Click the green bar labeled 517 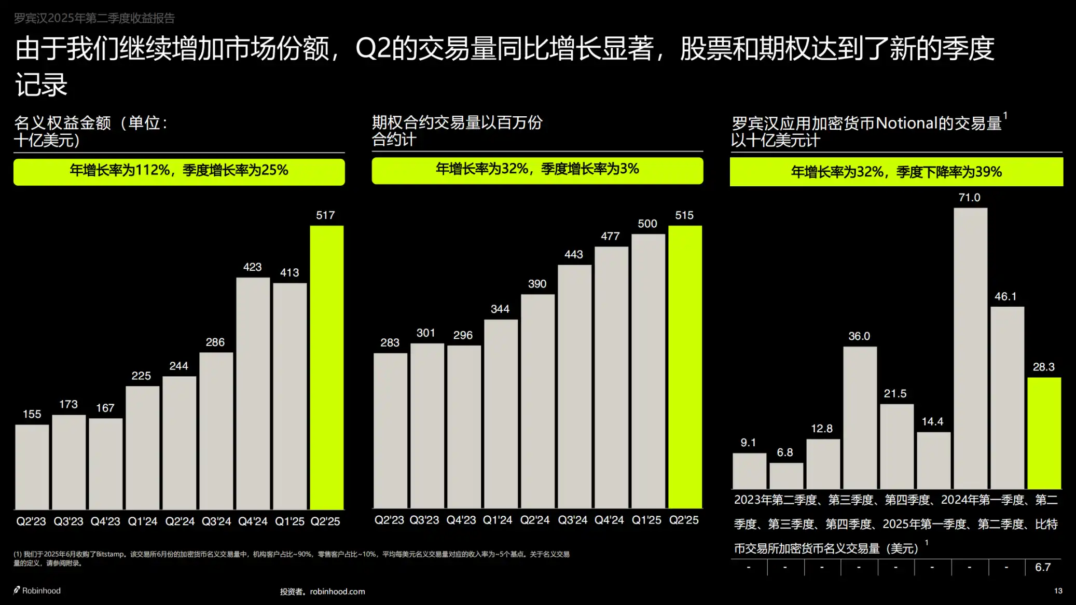click(x=326, y=367)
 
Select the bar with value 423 click(x=253, y=393)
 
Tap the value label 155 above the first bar click(x=32, y=414)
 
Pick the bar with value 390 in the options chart click(x=537, y=401)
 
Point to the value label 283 click(x=390, y=342)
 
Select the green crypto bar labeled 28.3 click(x=1044, y=433)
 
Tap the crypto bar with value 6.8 click(x=786, y=475)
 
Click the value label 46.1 click(x=1005, y=296)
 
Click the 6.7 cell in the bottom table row click(x=1042, y=567)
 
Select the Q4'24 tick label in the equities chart click(x=253, y=521)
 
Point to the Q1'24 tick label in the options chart click(x=497, y=520)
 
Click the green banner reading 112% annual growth click(x=179, y=171)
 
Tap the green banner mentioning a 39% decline click(x=896, y=172)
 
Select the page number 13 click(x=1058, y=590)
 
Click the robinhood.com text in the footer click(x=337, y=592)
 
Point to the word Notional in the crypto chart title click(x=906, y=123)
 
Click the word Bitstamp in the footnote click(x=111, y=554)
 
